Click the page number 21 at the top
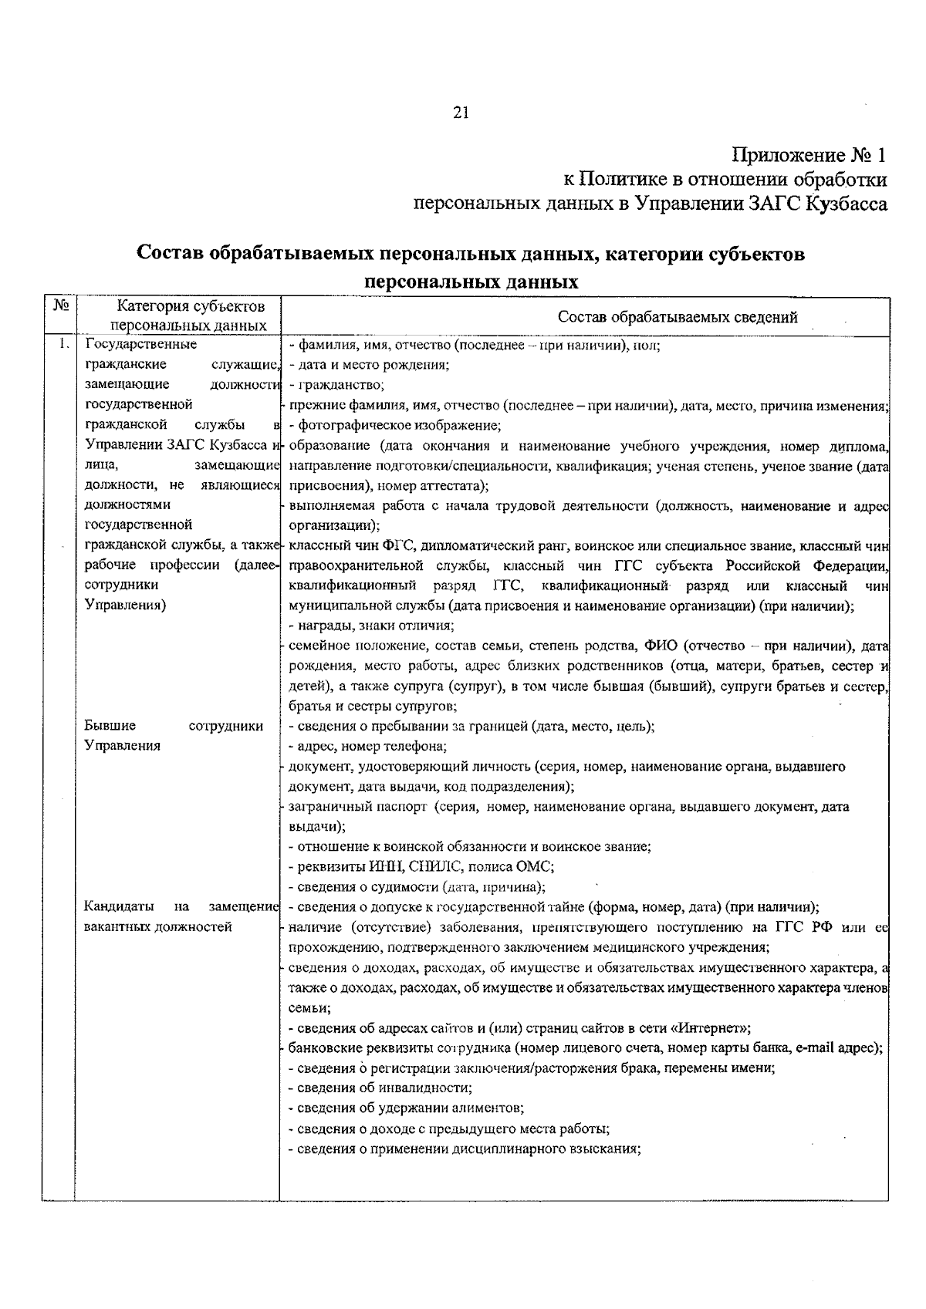click(461, 113)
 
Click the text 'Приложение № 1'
click(808, 155)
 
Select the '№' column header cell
click(59, 305)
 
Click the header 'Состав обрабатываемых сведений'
click(677, 317)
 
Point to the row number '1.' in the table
click(65, 345)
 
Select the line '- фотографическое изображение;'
click(394, 425)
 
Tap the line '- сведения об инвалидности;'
click(380, 1088)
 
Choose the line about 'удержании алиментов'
click(405, 1108)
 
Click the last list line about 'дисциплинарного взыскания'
click(465, 1148)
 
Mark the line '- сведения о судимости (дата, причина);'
click(417, 887)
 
